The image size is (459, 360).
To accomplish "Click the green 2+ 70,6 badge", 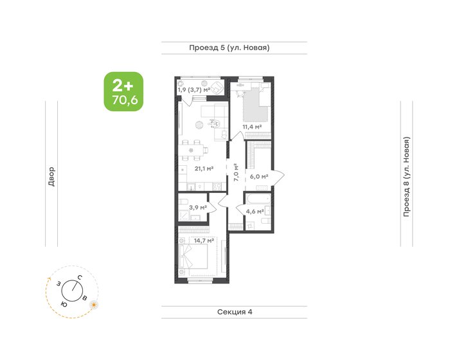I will pos(123,92).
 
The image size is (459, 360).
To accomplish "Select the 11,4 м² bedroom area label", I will pos(251,127).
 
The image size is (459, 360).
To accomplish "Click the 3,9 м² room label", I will pos(197,207).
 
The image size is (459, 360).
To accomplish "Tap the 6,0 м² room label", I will pos(259,175).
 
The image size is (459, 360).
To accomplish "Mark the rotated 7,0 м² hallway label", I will pos(237,174).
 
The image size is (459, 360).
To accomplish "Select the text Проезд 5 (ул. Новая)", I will pos(229,48).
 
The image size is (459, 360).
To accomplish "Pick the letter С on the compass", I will pos(79,277).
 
